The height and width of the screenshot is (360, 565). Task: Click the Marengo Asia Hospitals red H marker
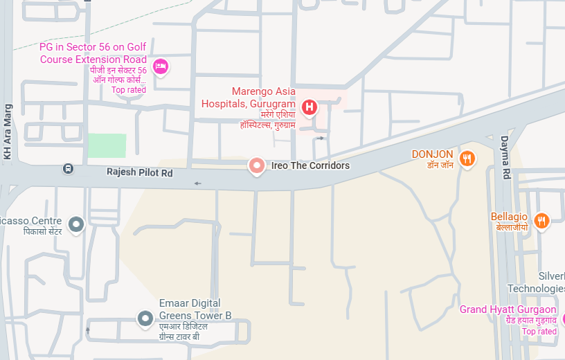[x=310, y=107]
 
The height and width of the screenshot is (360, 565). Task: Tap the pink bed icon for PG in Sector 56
[x=161, y=67]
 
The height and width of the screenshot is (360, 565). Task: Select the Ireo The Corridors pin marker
[x=257, y=165]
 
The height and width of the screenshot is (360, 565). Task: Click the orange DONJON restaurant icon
[x=468, y=158]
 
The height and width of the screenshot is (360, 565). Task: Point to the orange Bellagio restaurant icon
[x=541, y=220]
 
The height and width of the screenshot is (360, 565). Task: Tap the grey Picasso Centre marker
[x=76, y=224]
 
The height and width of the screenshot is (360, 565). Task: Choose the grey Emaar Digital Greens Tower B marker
[x=145, y=318]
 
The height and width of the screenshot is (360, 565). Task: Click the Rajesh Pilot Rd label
[x=139, y=172]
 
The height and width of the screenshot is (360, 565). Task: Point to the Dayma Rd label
[x=505, y=157]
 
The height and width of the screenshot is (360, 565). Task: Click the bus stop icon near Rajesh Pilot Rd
[x=68, y=168]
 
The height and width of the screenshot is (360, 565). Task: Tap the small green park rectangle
[x=107, y=146]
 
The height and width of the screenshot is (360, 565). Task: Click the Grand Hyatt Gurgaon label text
[x=508, y=309]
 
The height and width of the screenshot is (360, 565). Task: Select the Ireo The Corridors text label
[x=310, y=165]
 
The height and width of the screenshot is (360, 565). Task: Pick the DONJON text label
[x=432, y=154]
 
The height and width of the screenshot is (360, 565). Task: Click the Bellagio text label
[x=509, y=217]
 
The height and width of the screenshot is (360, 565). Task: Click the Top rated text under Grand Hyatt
[x=539, y=332]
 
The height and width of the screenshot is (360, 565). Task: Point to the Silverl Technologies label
[x=537, y=282]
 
